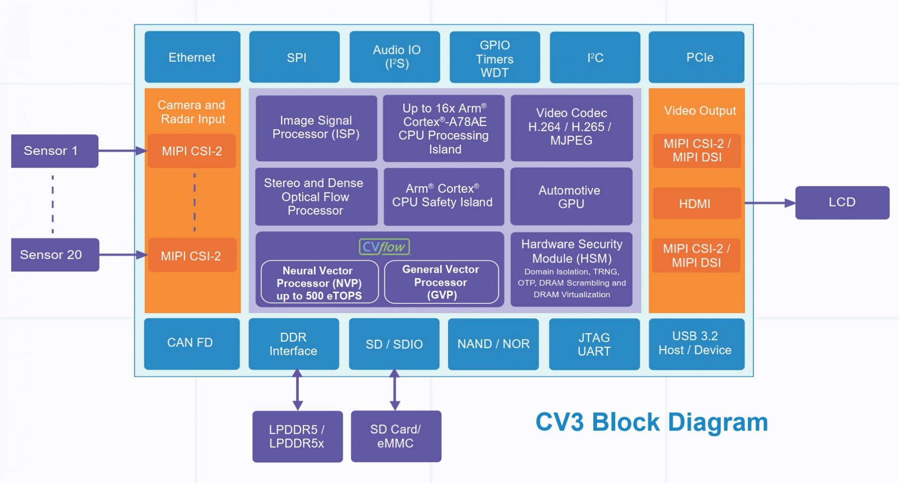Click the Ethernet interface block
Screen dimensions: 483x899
pos(192,57)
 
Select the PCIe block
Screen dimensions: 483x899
pos(696,57)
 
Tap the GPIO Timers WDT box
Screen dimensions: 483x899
pos(494,58)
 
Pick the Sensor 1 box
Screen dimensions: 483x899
pos(54,151)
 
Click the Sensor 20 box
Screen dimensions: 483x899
pos(55,255)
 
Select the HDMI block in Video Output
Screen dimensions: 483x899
pos(696,204)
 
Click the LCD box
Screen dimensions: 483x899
pos(842,202)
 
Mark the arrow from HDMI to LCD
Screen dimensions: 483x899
pos(769,203)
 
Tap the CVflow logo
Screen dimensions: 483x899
pos(384,247)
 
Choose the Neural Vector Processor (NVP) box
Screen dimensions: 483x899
pos(319,283)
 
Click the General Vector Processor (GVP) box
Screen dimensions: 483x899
pos(441,282)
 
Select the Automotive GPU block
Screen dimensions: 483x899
pos(571,197)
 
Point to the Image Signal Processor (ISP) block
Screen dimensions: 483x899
pos(316,128)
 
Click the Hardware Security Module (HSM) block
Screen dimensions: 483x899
pos(571,269)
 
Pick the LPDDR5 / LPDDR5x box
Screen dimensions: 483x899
pos(297,436)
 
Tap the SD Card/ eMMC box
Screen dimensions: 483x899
pos(396,436)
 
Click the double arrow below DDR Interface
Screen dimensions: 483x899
pos(297,390)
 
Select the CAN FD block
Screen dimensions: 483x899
pos(192,343)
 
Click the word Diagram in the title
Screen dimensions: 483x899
pos(718,422)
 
